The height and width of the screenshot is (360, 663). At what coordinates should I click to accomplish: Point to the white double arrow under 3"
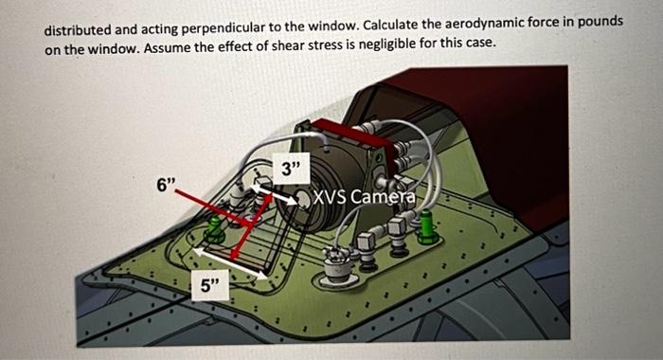[286, 195]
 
